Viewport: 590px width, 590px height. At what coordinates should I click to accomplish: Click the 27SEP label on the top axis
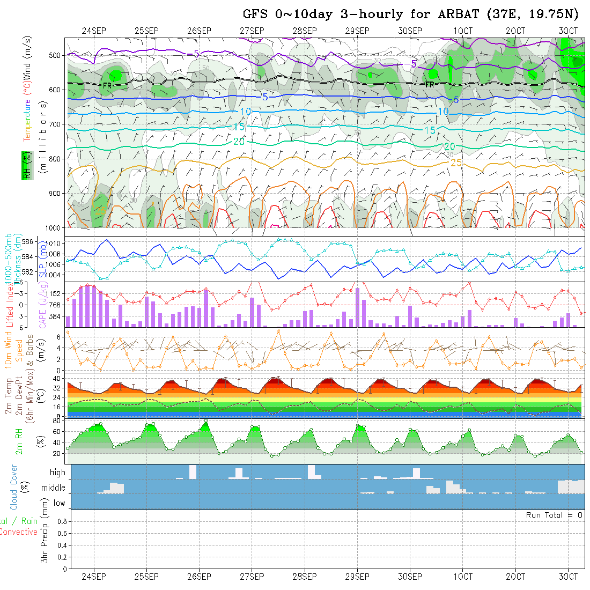252,31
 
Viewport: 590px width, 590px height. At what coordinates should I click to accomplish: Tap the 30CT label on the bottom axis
568,577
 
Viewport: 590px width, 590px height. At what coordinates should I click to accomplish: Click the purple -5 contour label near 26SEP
193,54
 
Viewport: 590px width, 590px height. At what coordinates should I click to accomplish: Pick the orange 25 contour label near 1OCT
456,162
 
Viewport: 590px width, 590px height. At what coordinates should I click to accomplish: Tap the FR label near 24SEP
107,85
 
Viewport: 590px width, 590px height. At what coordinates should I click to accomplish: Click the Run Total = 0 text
554,515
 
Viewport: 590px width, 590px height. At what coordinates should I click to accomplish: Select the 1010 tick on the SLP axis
57,244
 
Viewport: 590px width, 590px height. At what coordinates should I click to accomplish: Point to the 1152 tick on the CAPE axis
57,294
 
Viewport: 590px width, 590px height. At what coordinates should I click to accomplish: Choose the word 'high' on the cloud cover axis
57,473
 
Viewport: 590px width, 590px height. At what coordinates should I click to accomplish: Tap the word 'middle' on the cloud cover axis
54,488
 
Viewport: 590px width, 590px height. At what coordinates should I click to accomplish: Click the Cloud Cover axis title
14,488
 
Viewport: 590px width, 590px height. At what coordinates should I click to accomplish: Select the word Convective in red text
18,532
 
